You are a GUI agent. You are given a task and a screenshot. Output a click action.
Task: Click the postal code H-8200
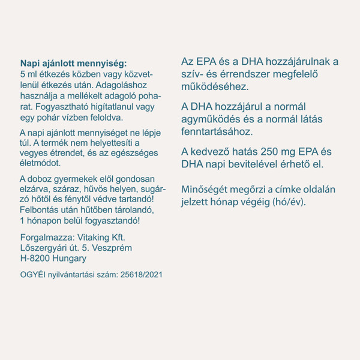pyautogui.click(x=35, y=259)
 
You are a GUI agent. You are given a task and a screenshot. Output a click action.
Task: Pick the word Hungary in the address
pyautogui.click(x=69, y=259)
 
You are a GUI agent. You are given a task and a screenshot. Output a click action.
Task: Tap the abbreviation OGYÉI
pyautogui.click(x=32, y=274)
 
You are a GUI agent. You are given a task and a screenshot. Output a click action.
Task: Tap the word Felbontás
pyautogui.click(x=41, y=210)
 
